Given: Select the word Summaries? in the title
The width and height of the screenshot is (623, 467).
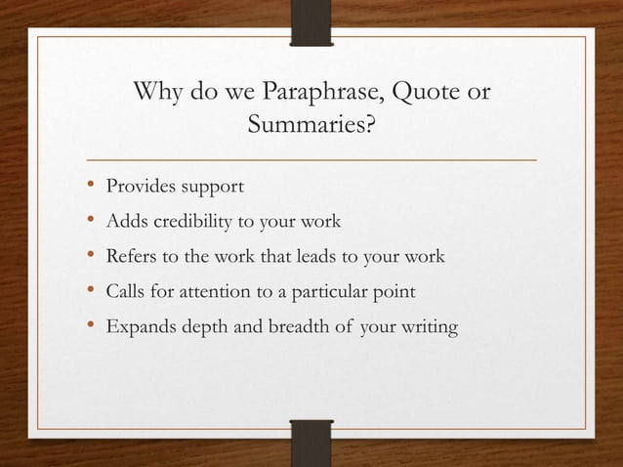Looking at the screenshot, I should (311, 126).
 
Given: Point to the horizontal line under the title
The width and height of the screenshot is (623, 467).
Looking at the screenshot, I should (311, 157).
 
